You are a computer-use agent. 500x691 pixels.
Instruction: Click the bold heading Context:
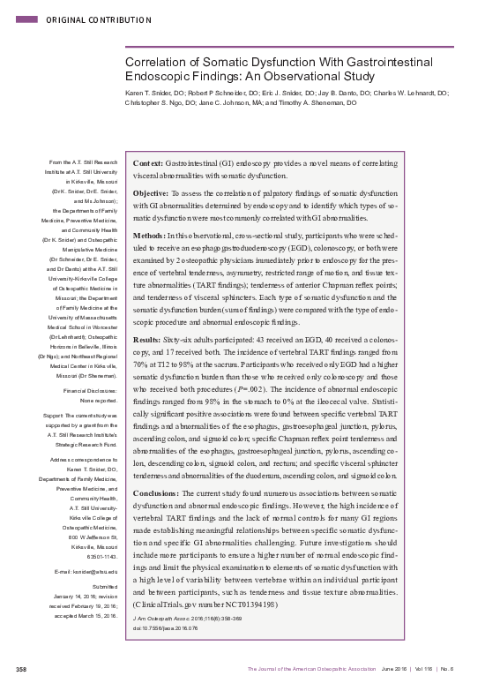click(x=147, y=164)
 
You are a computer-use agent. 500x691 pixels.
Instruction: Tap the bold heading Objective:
click(x=151, y=192)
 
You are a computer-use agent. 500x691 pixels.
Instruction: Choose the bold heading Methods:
click(x=148, y=236)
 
